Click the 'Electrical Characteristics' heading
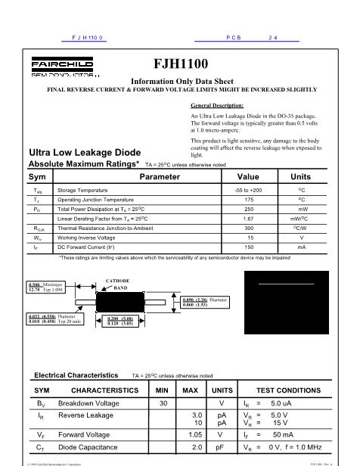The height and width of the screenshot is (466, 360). [x=76, y=374]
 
